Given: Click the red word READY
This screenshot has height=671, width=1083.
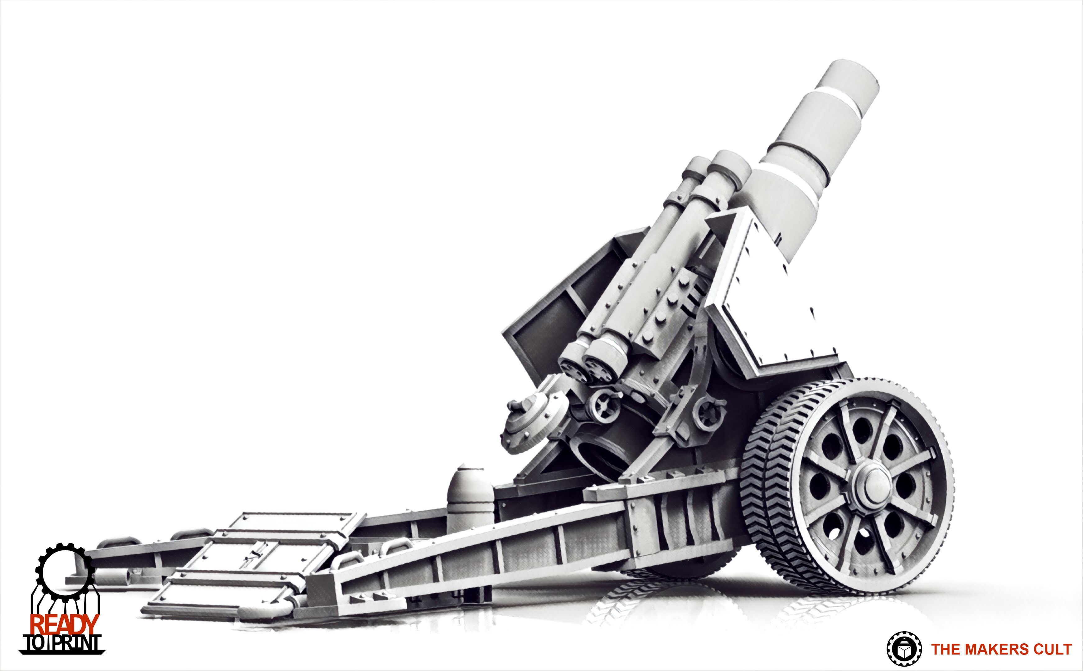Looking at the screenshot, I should pyautogui.click(x=64, y=624).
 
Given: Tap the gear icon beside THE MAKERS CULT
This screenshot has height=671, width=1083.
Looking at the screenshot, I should pyautogui.click(x=904, y=649).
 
